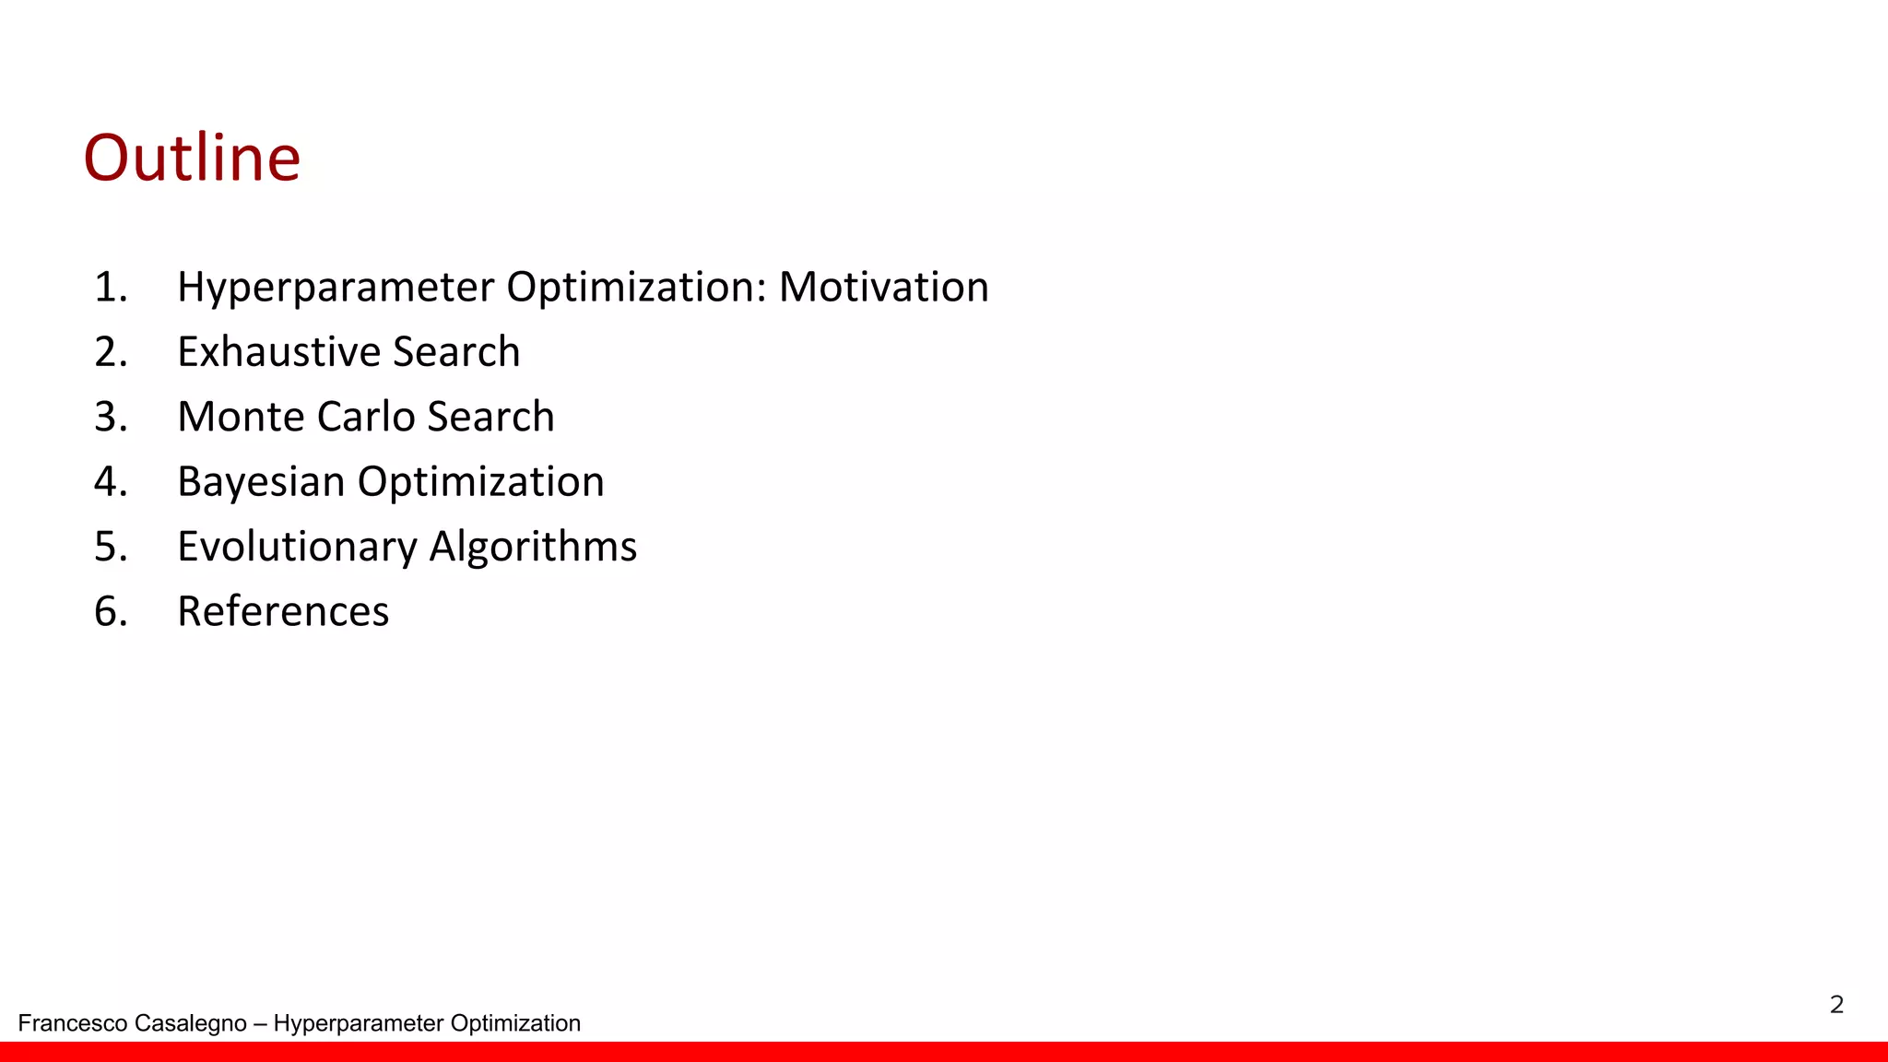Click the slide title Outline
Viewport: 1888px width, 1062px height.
pyautogui.click(x=192, y=158)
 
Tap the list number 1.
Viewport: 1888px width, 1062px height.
pyautogui.click(x=110, y=287)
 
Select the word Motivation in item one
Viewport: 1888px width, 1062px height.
pyautogui.click(x=883, y=287)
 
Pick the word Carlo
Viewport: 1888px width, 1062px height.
pyautogui.click(x=366, y=417)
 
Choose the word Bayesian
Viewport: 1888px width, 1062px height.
pyautogui.click(x=261, y=482)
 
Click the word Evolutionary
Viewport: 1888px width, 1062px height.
pyautogui.click(x=297, y=547)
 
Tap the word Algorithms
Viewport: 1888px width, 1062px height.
pyautogui.click(x=533, y=547)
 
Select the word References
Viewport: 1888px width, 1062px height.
pyautogui.click(x=283, y=611)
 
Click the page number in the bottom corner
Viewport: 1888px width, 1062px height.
pyautogui.click(x=1836, y=1004)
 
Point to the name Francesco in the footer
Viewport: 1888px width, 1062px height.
pyautogui.click(x=73, y=1023)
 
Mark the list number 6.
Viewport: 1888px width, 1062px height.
pyautogui.click(x=110, y=611)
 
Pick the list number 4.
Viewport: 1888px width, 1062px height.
pyautogui.click(x=110, y=482)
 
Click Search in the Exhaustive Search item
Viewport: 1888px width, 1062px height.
pyautogui.click(x=456, y=351)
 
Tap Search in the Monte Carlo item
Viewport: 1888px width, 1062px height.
pyautogui.click(x=490, y=417)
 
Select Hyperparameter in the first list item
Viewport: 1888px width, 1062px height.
pyautogui.click(x=336, y=287)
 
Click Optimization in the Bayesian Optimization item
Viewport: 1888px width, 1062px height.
pyautogui.click(x=480, y=482)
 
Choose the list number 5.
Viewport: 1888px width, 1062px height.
pyautogui.click(x=110, y=547)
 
